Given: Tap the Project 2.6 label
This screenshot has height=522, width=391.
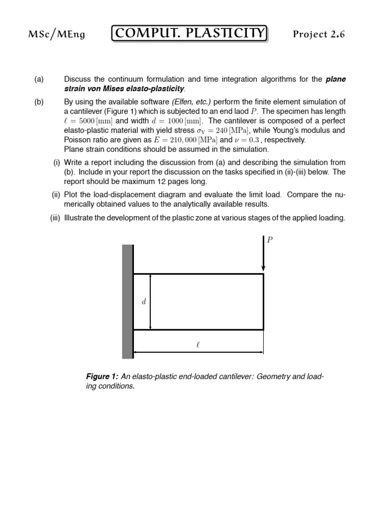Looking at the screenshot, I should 322,34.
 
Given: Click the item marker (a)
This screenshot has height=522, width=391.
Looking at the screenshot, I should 39,79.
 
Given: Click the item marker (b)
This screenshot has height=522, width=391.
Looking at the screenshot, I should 39,102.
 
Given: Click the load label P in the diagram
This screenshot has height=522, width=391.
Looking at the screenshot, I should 270,240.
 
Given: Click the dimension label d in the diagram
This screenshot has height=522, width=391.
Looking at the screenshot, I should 144,302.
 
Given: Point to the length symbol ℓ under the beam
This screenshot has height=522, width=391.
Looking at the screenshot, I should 198,345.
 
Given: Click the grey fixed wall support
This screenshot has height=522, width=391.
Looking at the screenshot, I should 127,302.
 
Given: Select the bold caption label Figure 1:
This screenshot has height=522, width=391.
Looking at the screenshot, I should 102,377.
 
